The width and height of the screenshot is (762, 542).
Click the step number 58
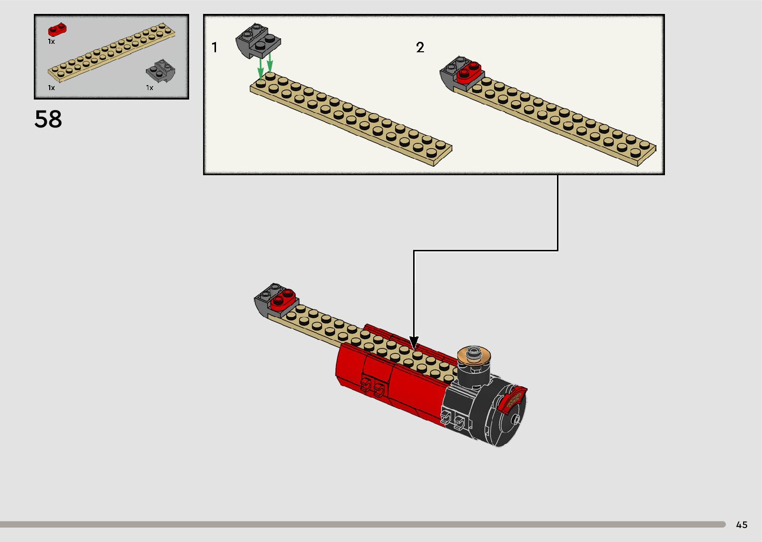[x=48, y=119]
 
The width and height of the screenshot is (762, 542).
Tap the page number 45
[x=742, y=525]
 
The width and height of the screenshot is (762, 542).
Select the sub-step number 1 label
[x=215, y=48]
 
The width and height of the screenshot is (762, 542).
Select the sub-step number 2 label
[x=420, y=48]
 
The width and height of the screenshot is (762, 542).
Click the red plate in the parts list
[x=57, y=30]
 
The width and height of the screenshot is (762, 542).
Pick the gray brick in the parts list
[x=158, y=71]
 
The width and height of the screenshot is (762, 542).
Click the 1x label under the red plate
[x=51, y=42]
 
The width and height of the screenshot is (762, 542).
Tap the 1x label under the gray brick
[x=149, y=88]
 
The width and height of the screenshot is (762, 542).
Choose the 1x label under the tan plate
[x=51, y=88]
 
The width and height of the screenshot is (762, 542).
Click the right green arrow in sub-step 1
[x=270, y=64]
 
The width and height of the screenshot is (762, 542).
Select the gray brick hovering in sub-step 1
[x=259, y=41]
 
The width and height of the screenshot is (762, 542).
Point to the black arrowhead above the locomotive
[x=414, y=343]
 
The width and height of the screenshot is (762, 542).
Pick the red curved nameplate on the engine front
[x=513, y=399]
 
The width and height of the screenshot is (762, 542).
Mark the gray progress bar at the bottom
[x=362, y=524]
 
